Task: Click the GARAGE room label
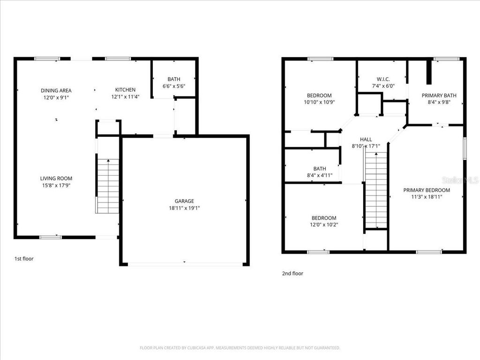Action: click(x=184, y=201)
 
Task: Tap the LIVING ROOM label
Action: click(x=56, y=178)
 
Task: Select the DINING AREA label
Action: click(x=56, y=90)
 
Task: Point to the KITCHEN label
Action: click(x=125, y=90)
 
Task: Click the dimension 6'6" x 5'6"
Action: click(x=173, y=86)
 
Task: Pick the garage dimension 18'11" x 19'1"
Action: click(x=184, y=208)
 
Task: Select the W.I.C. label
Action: click(x=383, y=79)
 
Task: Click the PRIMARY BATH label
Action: click(x=439, y=95)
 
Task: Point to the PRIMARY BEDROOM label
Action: click(x=427, y=190)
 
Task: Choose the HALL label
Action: click(x=366, y=139)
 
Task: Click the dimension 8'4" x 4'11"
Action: click(x=319, y=175)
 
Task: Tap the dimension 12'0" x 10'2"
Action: click(x=324, y=225)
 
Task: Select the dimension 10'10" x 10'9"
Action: click(x=319, y=102)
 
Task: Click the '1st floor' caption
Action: click(x=24, y=258)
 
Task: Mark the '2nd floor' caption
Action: click(x=292, y=273)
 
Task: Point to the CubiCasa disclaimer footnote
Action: click(x=240, y=348)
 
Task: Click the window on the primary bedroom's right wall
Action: click(x=465, y=149)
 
